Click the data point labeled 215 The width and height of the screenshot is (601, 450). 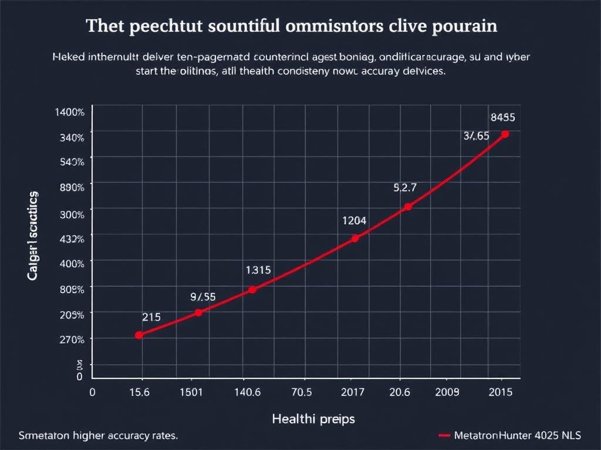coord(139,335)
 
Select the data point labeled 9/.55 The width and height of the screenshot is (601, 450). coord(198,312)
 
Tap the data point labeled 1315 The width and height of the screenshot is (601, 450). coord(252,289)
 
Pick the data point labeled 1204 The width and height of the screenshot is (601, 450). coord(354,238)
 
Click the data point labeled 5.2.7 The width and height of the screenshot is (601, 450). coord(408,207)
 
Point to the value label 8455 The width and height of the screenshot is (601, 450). coord(503,117)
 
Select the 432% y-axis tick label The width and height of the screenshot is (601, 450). coord(72,238)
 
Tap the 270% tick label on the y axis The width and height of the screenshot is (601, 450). coord(72,339)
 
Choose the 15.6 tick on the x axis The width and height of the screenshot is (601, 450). coord(139,392)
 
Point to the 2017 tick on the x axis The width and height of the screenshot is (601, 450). coord(352,392)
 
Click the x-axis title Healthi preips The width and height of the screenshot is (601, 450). coord(313,419)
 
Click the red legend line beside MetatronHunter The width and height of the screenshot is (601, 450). coord(444,436)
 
